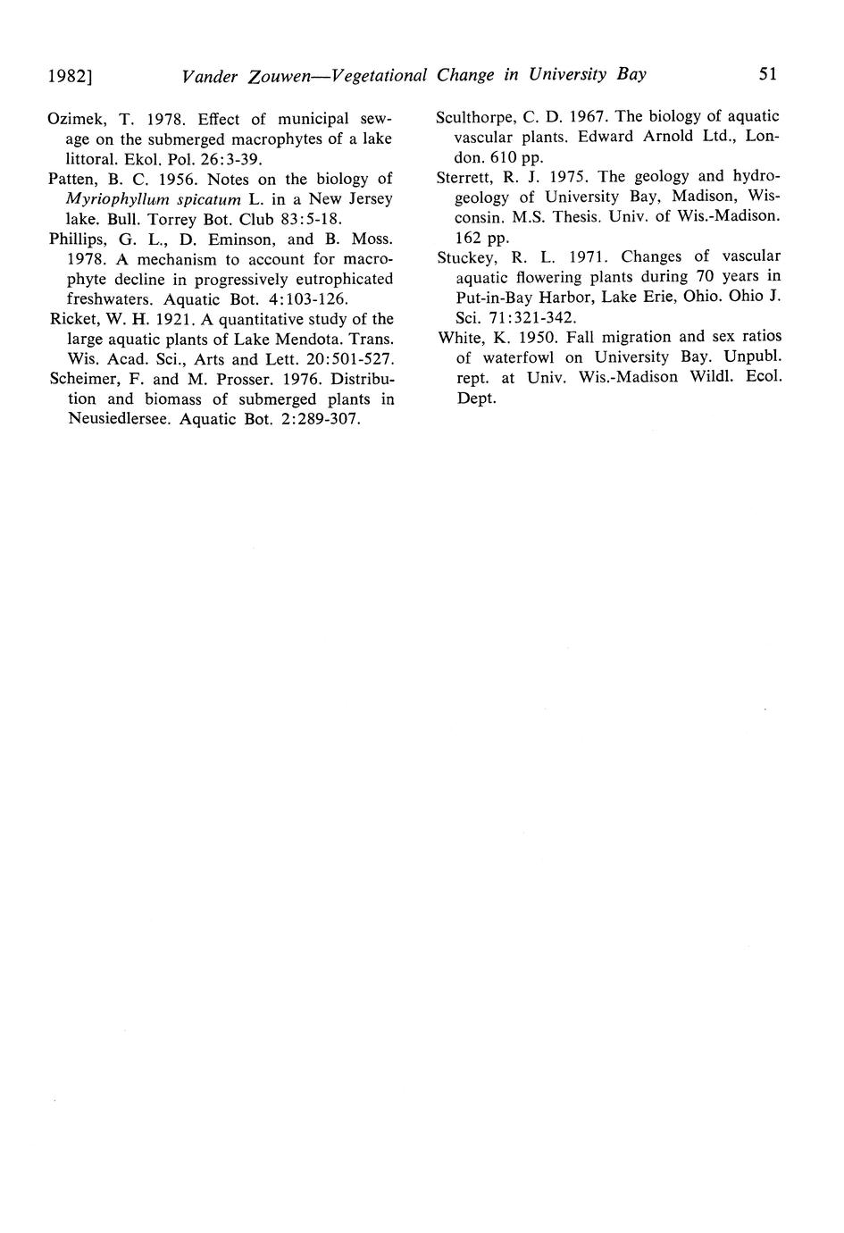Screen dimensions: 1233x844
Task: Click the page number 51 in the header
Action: pos(768,74)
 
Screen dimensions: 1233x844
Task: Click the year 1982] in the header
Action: pos(71,76)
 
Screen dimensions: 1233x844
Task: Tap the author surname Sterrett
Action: pos(464,177)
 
